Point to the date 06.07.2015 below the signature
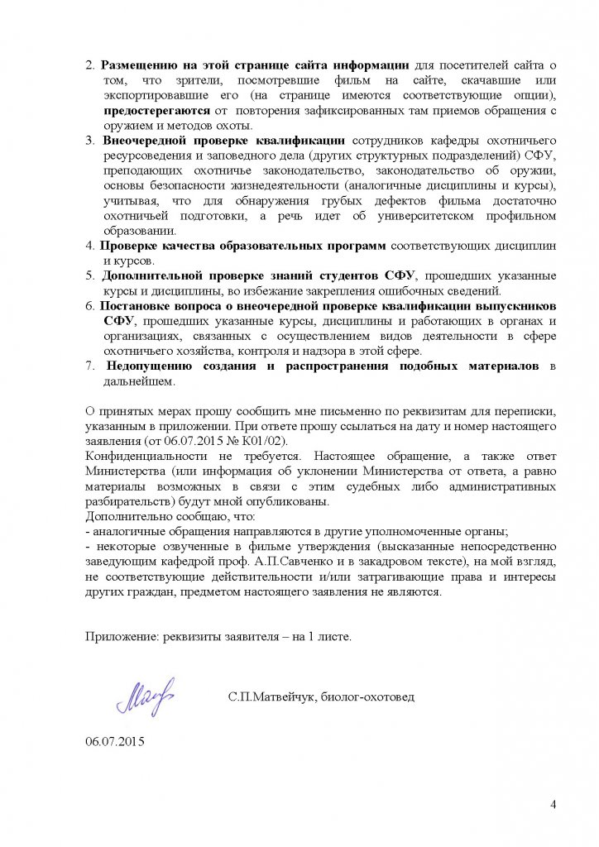[x=114, y=741]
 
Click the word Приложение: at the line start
[x=122, y=637]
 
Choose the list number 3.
[x=90, y=141]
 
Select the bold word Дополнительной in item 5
[x=156, y=275]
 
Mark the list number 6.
[x=90, y=305]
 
